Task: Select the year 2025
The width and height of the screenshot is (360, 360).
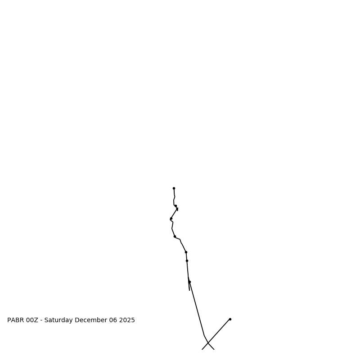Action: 127,320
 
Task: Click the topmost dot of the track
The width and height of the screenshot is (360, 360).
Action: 174,189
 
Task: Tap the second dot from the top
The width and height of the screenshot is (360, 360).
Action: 175,206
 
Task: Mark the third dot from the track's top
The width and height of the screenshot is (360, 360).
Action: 171,219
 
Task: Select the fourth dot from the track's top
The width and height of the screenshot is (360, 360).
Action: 175,236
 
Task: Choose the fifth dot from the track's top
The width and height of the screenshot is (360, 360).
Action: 186,252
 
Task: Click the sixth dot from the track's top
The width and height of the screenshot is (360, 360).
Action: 187,261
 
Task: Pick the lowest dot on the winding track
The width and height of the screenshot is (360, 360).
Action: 189,282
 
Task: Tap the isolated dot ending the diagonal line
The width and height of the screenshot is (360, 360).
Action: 230,319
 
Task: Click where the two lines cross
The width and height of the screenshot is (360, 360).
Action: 207,343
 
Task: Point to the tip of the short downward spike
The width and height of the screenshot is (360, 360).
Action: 189,290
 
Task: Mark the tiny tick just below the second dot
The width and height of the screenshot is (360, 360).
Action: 177,209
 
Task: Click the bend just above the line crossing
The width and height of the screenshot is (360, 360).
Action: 204,336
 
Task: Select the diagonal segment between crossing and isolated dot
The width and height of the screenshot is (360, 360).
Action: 219,331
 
